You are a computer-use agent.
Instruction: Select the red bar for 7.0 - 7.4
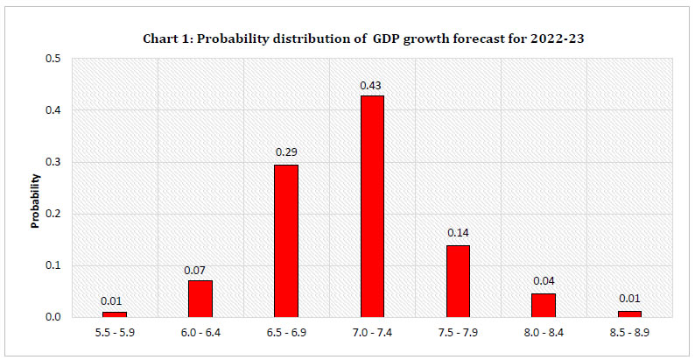(371, 206)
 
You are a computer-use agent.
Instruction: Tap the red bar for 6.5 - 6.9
(286, 241)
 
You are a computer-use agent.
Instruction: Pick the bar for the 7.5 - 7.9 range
(458, 281)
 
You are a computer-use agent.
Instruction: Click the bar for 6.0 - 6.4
(200, 299)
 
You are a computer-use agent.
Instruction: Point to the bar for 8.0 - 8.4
(543, 306)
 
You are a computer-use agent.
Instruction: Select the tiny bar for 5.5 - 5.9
(114, 314)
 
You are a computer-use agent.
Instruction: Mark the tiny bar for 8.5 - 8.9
(628, 314)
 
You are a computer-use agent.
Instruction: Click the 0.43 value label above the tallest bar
(371, 85)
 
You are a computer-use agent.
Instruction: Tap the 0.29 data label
(286, 152)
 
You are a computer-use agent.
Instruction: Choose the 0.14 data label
(458, 233)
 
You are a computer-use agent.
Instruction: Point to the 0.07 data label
(194, 270)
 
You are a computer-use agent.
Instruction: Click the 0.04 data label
(543, 281)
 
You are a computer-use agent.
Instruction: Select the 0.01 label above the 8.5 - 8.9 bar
(628, 299)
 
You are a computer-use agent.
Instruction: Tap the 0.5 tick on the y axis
(54, 60)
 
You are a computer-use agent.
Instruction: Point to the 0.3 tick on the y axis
(54, 163)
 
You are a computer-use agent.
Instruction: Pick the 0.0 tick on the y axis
(54, 317)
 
